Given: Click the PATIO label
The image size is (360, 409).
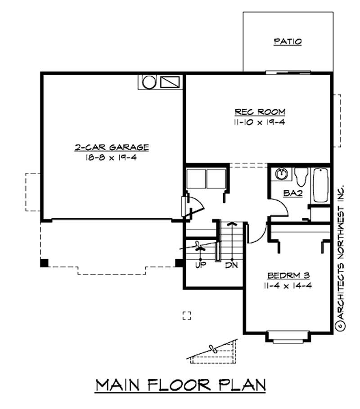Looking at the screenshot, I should click(x=288, y=42).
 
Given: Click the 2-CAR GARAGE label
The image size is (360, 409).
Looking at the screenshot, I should click(x=112, y=147).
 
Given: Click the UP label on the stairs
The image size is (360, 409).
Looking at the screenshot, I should click(x=200, y=265).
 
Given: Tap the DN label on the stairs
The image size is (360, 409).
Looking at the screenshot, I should click(x=232, y=265).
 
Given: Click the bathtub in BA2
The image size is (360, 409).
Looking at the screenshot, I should click(x=320, y=185).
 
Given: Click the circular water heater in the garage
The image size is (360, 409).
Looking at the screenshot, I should click(x=148, y=82).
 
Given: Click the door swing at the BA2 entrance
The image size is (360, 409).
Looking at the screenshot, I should click(x=279, y=207).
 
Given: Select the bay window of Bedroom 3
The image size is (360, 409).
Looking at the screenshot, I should click(x=287, y=335).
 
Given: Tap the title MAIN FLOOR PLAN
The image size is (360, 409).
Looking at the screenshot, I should click(x=180, y=385).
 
